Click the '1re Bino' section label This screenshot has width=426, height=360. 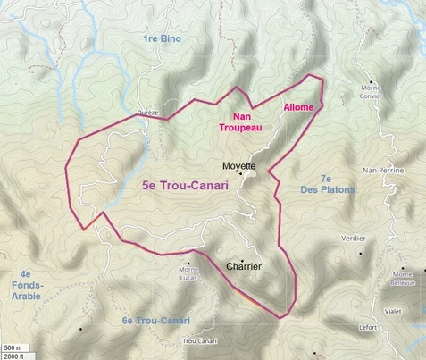pos(162,39)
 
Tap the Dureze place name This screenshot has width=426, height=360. pos(147,113)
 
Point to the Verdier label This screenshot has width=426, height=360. pos(355,239)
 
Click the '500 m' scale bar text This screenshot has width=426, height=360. pos(12,347)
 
